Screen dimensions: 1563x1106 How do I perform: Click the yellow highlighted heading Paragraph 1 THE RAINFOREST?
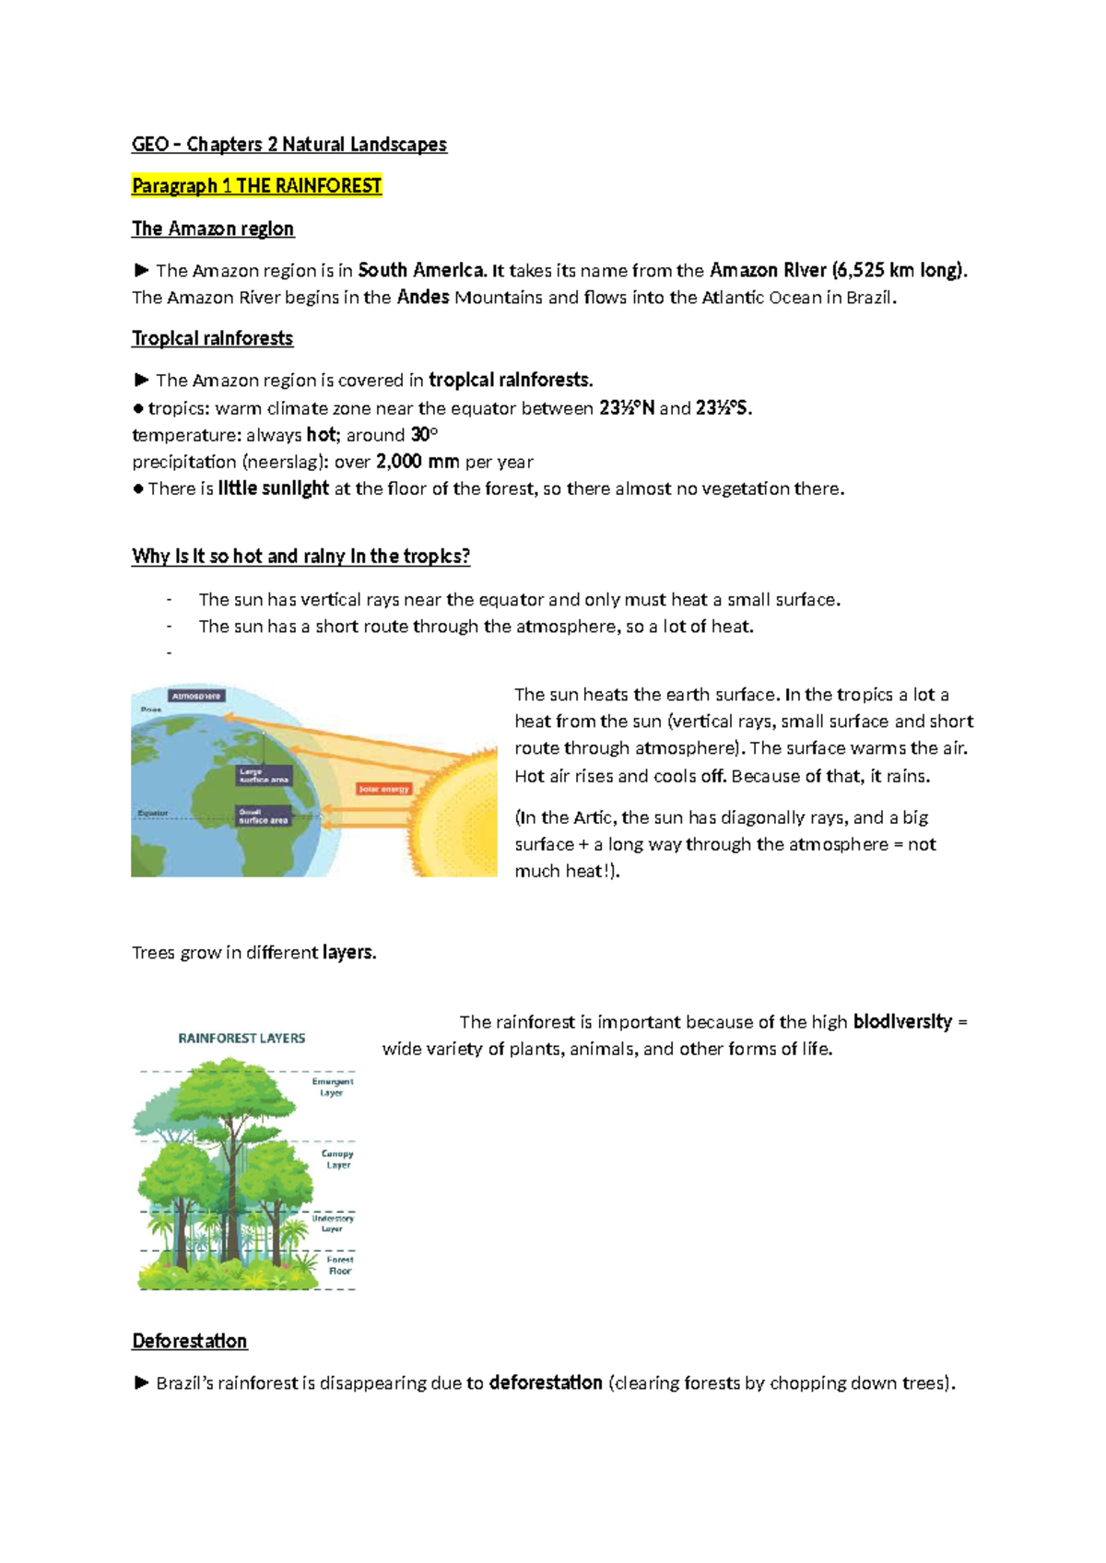(256, 186)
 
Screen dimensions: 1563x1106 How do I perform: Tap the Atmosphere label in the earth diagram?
(196, 697)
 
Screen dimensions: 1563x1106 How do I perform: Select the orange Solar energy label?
(383, 789)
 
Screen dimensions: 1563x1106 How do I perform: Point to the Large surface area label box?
(264, 775)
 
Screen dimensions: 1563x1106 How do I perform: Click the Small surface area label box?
(264, 817)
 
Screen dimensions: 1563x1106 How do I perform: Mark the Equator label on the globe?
(153, 813)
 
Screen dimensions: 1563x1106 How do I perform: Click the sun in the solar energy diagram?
(461, 811)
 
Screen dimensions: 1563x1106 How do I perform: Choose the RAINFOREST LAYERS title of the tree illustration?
(241, 1038)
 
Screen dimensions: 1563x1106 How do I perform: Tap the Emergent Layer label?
(332, 1087)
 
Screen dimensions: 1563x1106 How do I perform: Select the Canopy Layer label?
(337, 1159)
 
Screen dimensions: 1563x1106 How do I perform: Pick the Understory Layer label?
(333, 1223)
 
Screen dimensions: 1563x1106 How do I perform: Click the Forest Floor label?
(340, 1265)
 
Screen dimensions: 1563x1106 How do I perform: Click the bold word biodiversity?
(902, 1022)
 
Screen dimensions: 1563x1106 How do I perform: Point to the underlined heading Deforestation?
(190, 1341)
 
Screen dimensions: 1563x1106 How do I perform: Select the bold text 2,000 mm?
(418, 462)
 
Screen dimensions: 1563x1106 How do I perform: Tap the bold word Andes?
(423, 298)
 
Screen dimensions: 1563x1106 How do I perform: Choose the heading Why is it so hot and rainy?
(301, 557)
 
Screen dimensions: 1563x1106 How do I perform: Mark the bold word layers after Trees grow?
(349, 953)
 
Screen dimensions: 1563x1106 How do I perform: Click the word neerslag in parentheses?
(283, 462)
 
